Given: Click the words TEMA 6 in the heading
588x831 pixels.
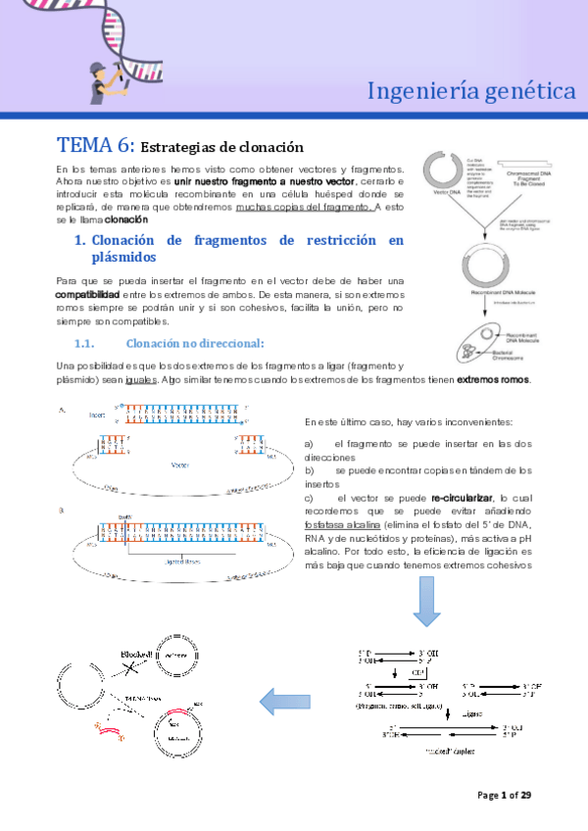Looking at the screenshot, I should click(95, 147).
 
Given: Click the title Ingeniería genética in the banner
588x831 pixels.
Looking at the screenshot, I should click(470, 91).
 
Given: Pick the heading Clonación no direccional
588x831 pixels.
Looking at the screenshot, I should click(194, 343).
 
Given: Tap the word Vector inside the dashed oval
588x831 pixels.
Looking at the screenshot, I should click(179, 465).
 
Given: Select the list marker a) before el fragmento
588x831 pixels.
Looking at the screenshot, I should click(311, 444).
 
